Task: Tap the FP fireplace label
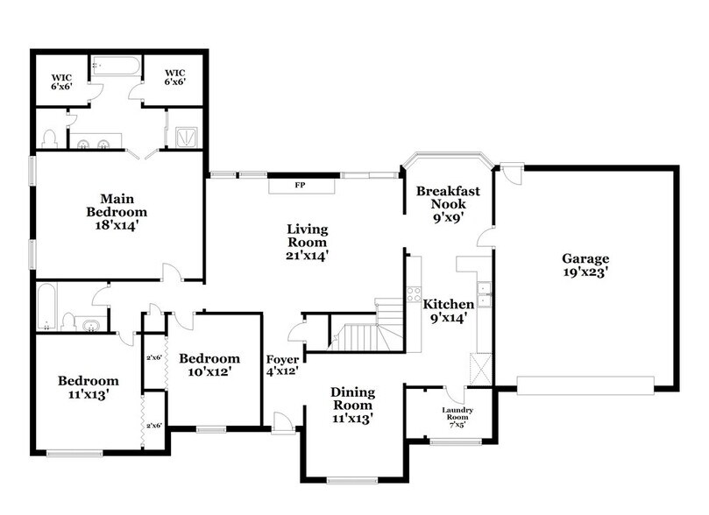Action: pyautogui.click(x=299, y=186)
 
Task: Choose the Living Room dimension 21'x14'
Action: pyautogui.click(x=307, y=256)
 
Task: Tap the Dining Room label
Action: pyautogui.click(x=352, y=399)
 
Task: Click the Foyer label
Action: pyautogui.click(x=283, y=359)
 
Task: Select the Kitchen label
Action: pyautogui.click(x=449, y=304)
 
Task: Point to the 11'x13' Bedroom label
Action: pyautogui.click(x=88, y=386)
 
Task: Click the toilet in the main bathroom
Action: pyautogui.click(x=51, y=138)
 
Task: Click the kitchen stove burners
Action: pyautogui.click(x=414, y=295)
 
